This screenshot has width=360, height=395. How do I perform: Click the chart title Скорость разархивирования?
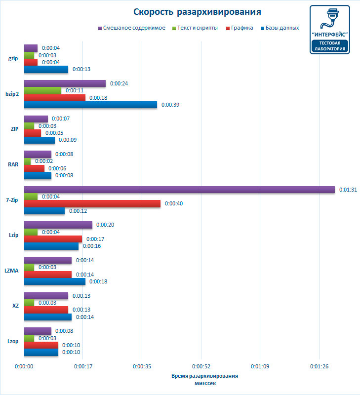tap(197, 11)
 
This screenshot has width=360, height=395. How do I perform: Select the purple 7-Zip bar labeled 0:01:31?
tap(179, 190)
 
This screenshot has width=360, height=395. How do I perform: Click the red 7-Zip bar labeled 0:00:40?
tap(92, 203)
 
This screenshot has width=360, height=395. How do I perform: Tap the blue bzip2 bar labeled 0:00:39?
tap(90, 105)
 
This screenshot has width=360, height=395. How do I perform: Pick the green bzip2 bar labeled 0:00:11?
tap(42, 90)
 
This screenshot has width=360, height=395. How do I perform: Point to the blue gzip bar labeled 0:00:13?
tap(46, 69)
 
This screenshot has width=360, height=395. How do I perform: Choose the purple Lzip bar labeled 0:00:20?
tap(58, 225)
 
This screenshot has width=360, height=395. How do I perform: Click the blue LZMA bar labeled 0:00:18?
tap(55, 281)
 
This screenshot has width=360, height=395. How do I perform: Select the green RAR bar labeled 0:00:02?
tap(27, 161)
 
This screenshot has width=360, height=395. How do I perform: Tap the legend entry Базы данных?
tap(282, 28)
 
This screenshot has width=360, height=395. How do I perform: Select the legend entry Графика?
tap(241, 28)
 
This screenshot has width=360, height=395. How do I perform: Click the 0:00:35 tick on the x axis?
tap(142, 367)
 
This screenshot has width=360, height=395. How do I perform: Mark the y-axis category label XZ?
tap(15, 306)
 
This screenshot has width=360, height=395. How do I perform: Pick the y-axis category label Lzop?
tap(14, 341)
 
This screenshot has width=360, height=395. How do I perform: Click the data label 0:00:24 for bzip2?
tap(119, 83)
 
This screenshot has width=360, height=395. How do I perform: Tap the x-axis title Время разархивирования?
tap(204, 376)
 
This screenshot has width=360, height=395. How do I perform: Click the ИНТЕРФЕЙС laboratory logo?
tap(329, 30)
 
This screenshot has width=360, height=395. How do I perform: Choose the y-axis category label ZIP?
tap(15, 129)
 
